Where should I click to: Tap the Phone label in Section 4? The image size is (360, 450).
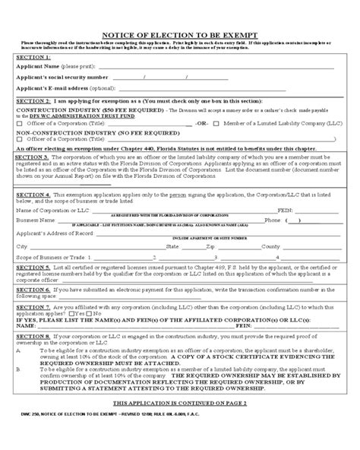272,220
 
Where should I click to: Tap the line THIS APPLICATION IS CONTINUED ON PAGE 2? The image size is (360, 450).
179,422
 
